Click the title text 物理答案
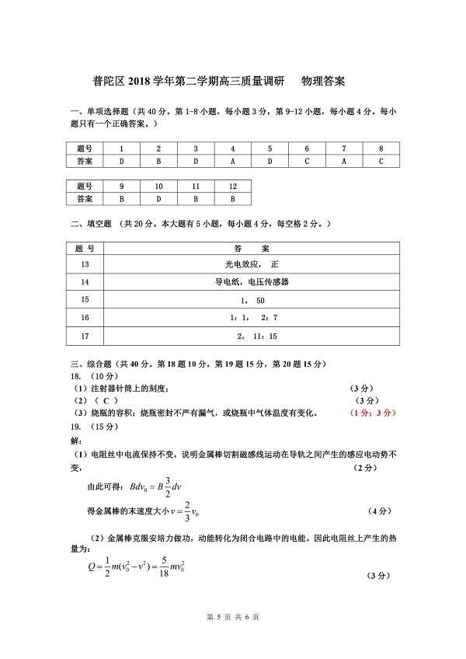pyautogui.click(x=322, y=80)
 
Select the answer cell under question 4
pyautogui.click(x=231, y=162)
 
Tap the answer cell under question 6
pyautogui.click(x=307, y=162)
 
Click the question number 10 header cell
pyautogui.click(x=158, y=187)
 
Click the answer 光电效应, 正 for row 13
pyautogui.click(x=251, y=265)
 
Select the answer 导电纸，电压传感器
pyautogui.click(x=251, y=281)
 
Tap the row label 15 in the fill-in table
pyautogui.click(x=85, y=300)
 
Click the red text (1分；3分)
pyautogui.click(x=373, y=413)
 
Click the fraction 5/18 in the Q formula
pyautogui.click(x=163, y=568)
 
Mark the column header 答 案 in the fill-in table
pyautogui.click(x=251, y=248)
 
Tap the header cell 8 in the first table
pyautogui.click(x=381, y=148)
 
